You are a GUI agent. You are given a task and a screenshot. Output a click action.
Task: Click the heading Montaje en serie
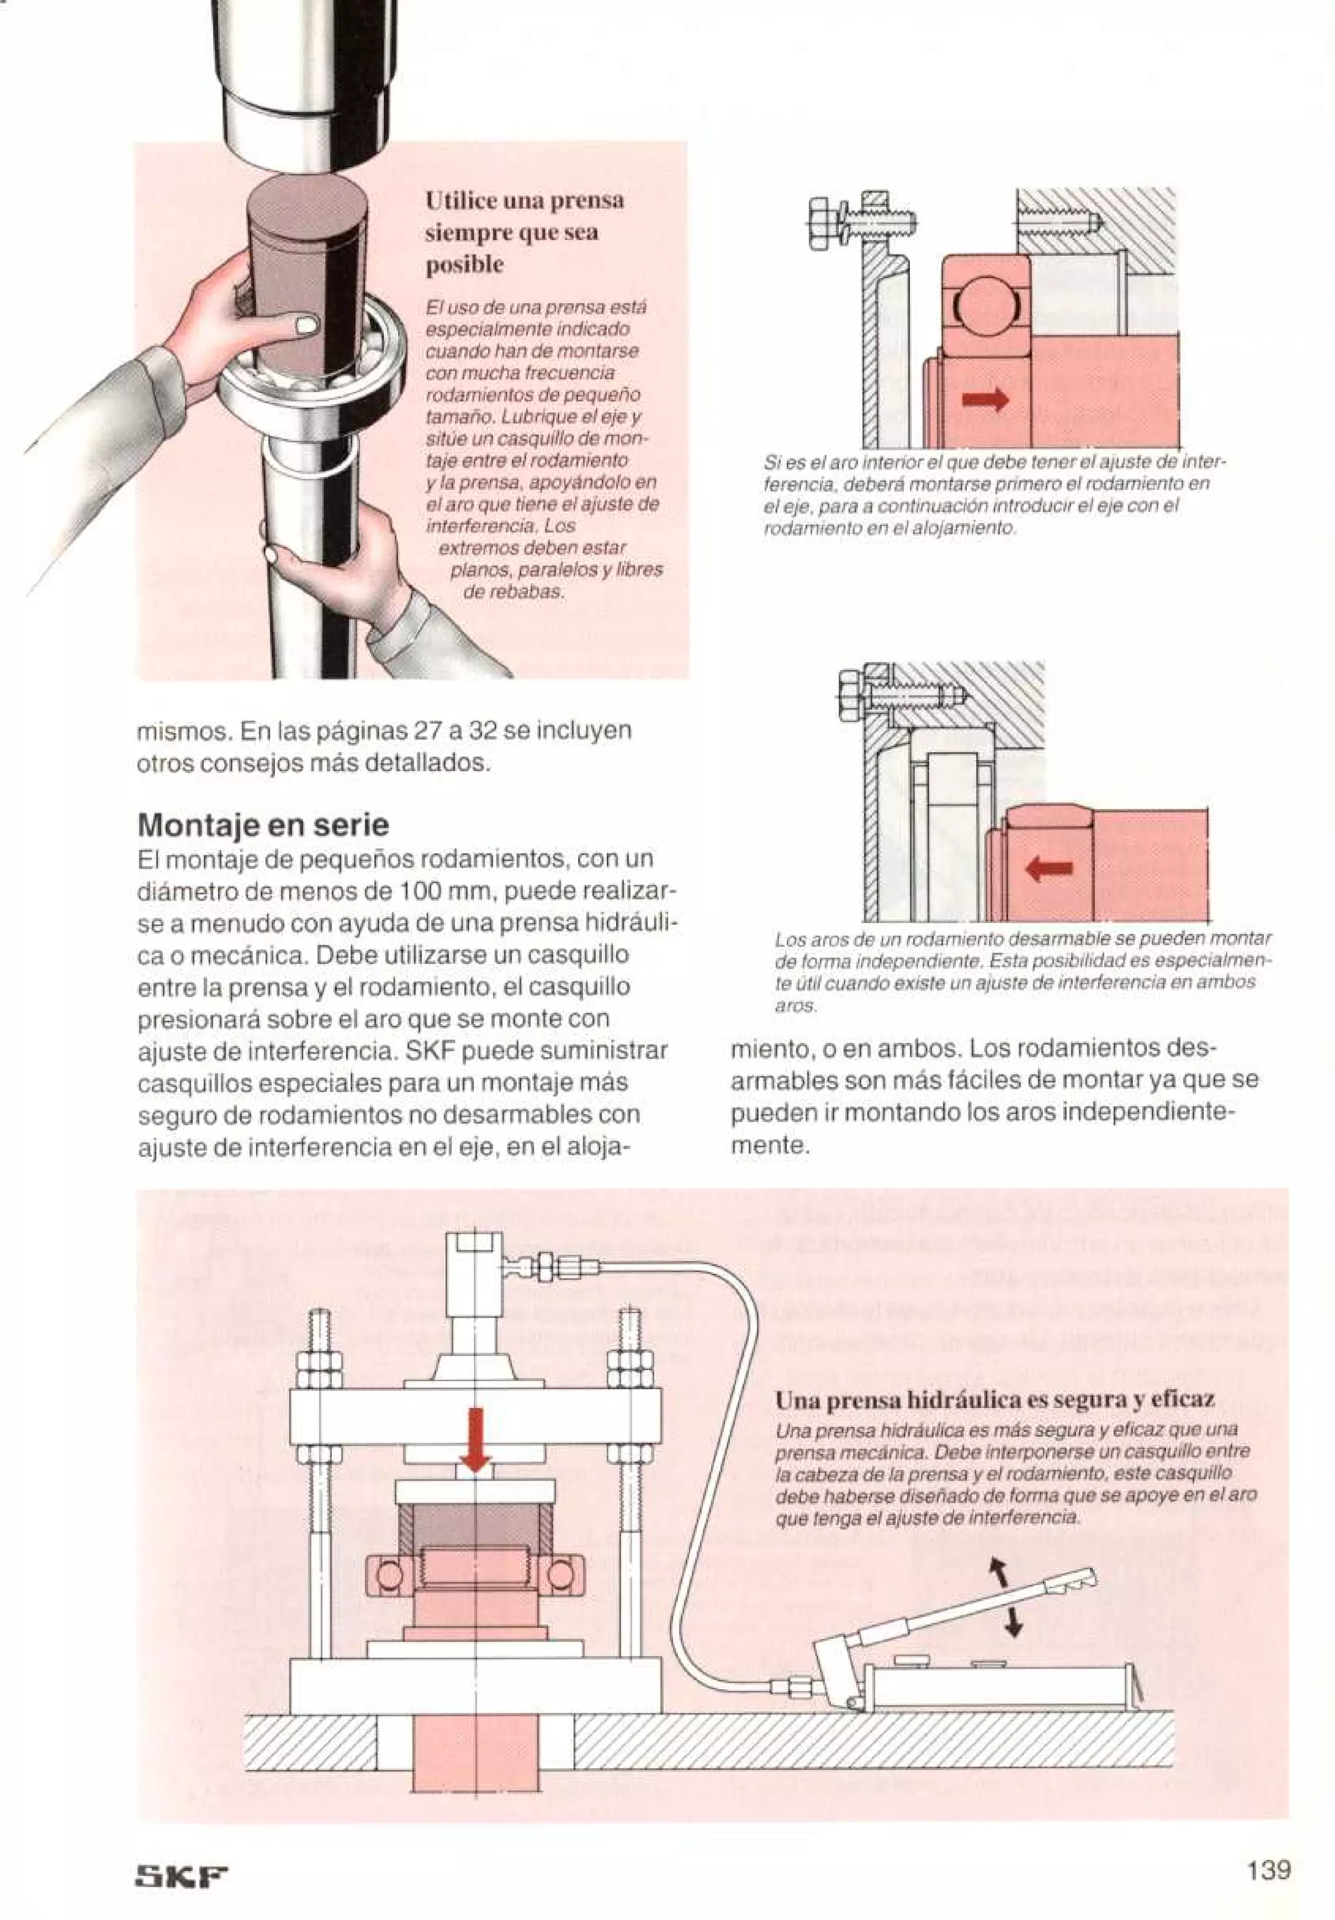pyautogui.click(x=263, y=826)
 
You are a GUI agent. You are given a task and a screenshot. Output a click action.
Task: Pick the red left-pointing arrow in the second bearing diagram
pyautogui.click(x=1050, y=871)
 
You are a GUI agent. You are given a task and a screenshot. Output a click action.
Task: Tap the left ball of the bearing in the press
pyautogui.click(x=389, y=1576)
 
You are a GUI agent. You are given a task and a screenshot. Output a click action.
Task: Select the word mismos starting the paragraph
pyautogui.click(x=184, y=731)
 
